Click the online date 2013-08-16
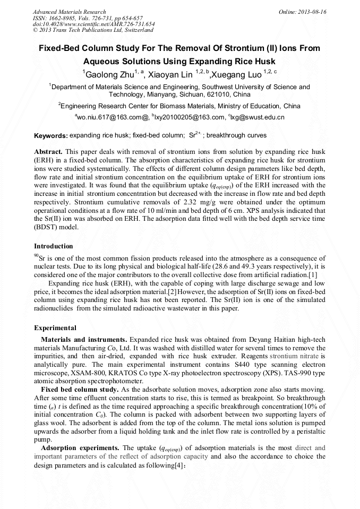pyautogui.click(x=312, y=12)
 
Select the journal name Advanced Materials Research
pyautogui.click(x=69, y=12)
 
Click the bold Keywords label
pyautogui.click(x=51, y=136)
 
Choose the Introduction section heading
pyautogui.click(x=54, y=246)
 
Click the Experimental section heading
pyautogui.click(x=55, y=327)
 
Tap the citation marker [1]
pyautogui.click(x=313, y=274)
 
